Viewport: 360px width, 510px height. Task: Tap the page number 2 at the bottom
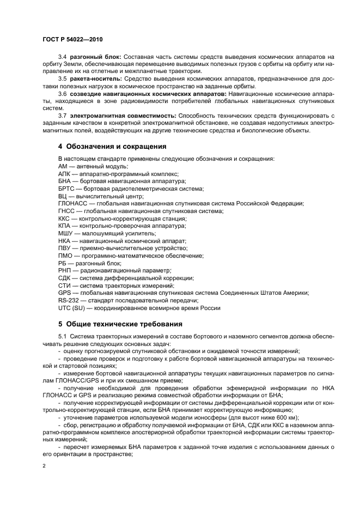[44, 466]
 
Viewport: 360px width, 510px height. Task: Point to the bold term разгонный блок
[94, 57]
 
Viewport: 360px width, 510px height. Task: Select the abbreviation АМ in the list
[63, 166]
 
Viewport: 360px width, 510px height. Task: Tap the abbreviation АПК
[64, 173]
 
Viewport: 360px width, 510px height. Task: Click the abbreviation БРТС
[66, 189]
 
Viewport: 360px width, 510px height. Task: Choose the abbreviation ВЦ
[62, 196]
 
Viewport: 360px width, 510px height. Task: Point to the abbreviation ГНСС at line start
[66, 211]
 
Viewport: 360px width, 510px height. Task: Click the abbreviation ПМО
[65, 256]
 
